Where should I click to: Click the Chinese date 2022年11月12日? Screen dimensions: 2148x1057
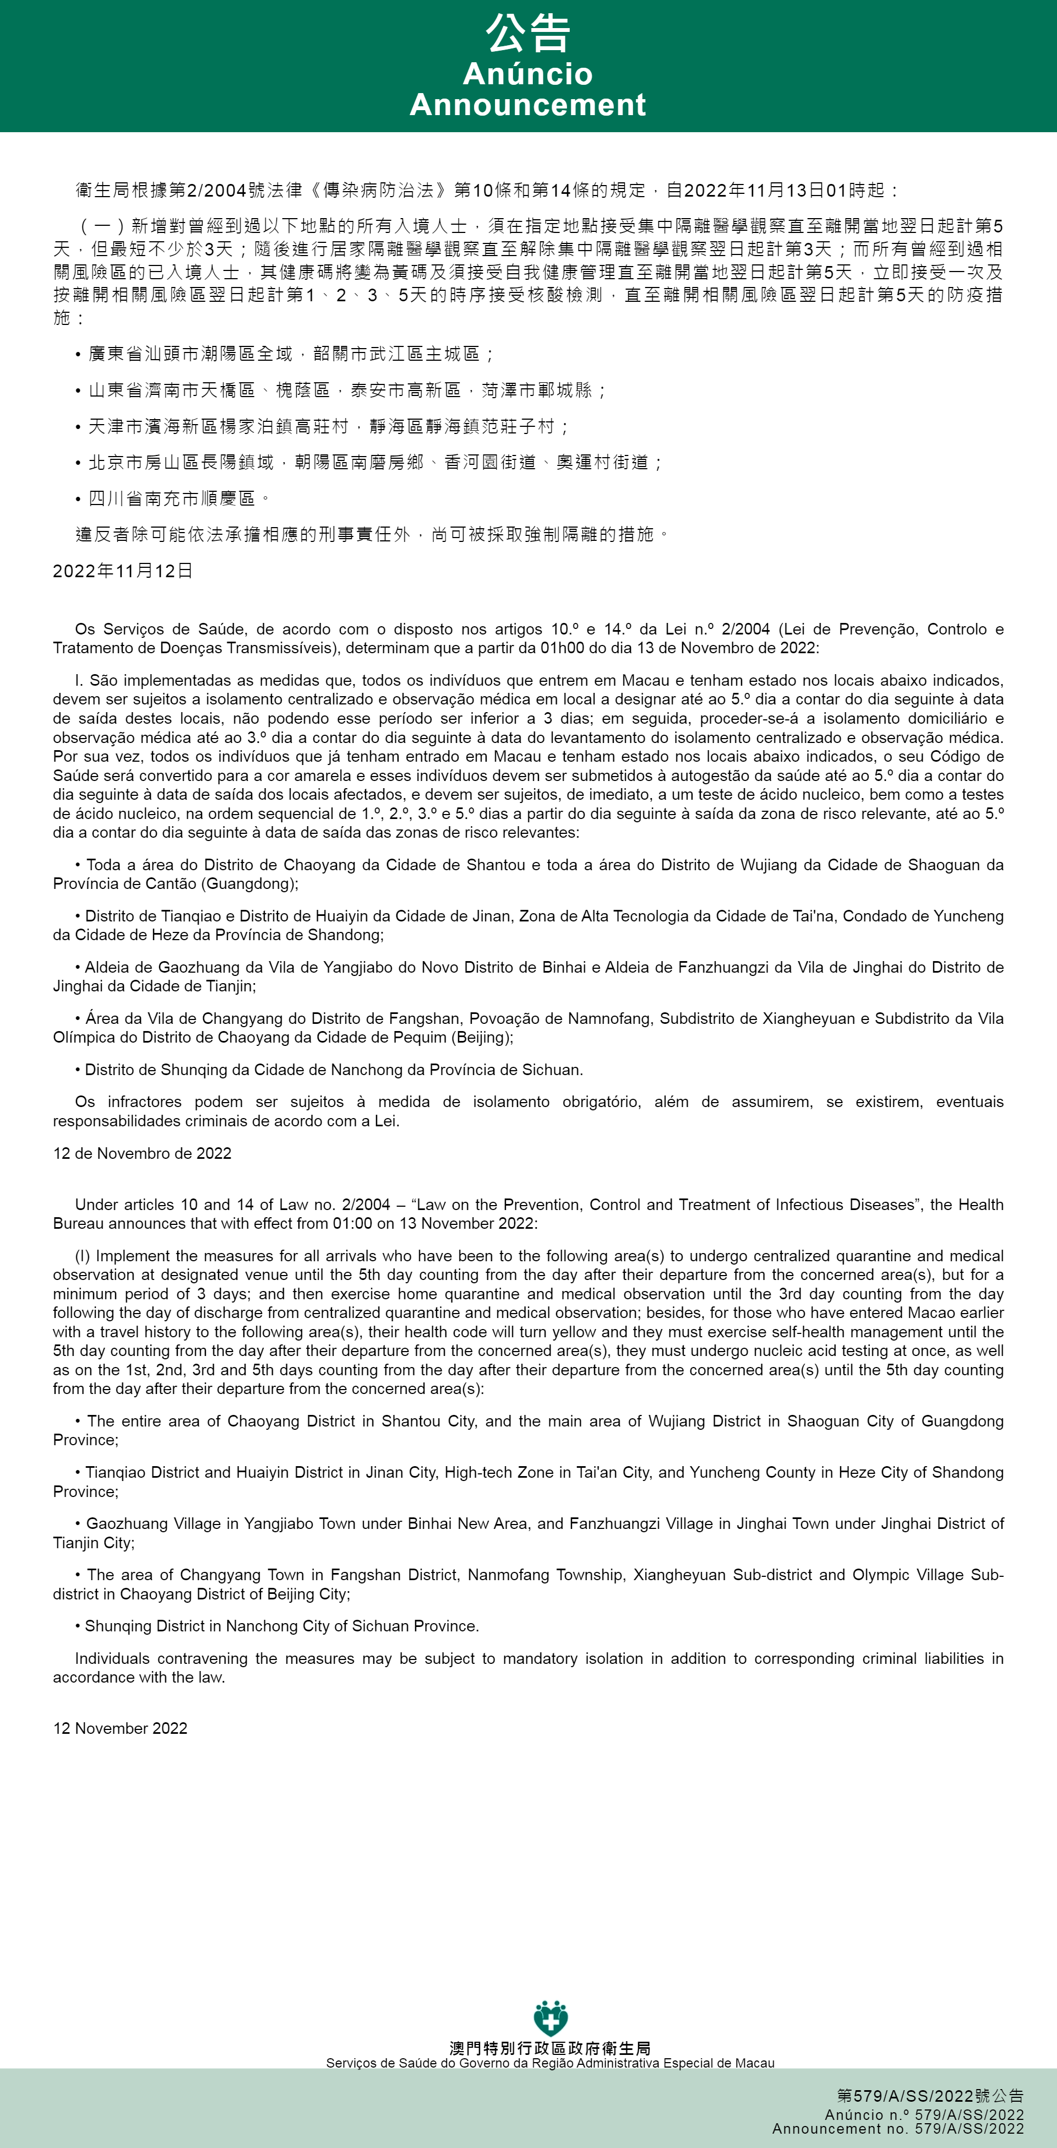click(x=123, y=571)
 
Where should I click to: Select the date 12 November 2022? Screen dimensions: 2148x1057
click(x=120, y=1728)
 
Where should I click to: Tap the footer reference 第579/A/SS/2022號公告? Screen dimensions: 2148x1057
click(x=930, y=2096)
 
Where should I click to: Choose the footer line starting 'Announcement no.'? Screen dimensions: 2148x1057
click(x=898, y=2129)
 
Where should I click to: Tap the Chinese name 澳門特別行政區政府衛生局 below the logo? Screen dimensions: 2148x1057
click(x=550, y=2048)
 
